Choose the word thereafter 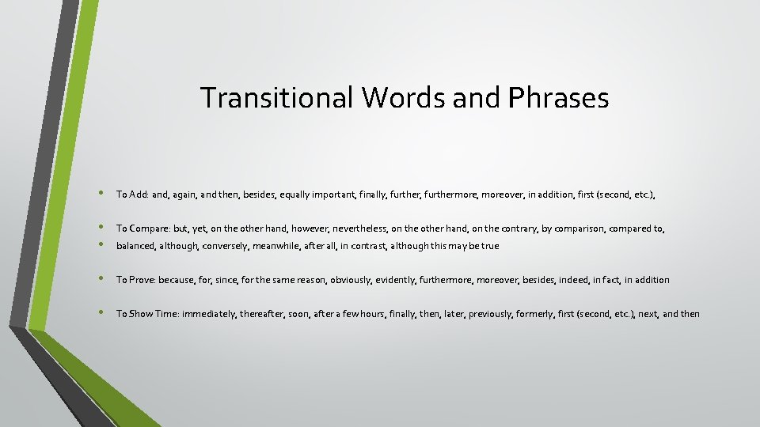272,314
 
